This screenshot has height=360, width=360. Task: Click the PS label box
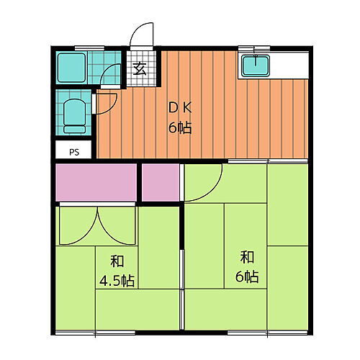[73, 152]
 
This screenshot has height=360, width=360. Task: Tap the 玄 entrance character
[140, 69]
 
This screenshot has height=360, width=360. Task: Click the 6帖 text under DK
[179, 129]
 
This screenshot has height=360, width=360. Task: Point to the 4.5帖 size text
[116, 279]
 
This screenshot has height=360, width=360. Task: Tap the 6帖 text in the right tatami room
[247, 276]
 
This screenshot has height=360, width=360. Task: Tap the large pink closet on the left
[96, 183]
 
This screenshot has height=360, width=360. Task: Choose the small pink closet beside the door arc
[160, 183]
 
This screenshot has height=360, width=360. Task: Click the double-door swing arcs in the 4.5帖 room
[95, 225]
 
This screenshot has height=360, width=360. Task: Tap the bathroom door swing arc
[111, 75]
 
